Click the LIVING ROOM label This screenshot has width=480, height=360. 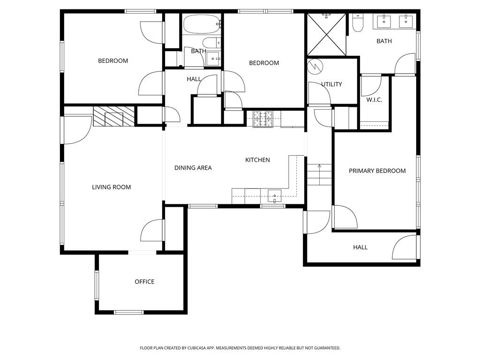[x=111, y=187]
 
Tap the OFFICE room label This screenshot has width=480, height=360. [x=144, y=282]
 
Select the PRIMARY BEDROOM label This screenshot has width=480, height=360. [x=377, y=171]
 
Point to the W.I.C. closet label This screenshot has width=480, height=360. [x=375, y=100]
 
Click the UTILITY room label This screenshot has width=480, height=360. [x=331, y=84]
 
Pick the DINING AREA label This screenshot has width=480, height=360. [x=193, y=168]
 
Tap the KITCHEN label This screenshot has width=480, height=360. [x=257, y=160]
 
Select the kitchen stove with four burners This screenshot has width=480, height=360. [x=263, y=119]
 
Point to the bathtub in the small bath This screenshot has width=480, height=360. [x=202, y=24]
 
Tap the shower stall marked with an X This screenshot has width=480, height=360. [x=326, y=35]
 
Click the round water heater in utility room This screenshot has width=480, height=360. [x=315, y=66]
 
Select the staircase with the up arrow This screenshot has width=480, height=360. [x=319, y=174]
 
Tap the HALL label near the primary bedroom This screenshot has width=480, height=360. [x=360, y=247]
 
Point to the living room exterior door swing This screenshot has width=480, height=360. [x=76, y=130]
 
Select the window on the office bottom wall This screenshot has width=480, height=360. [x=129, y=312]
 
